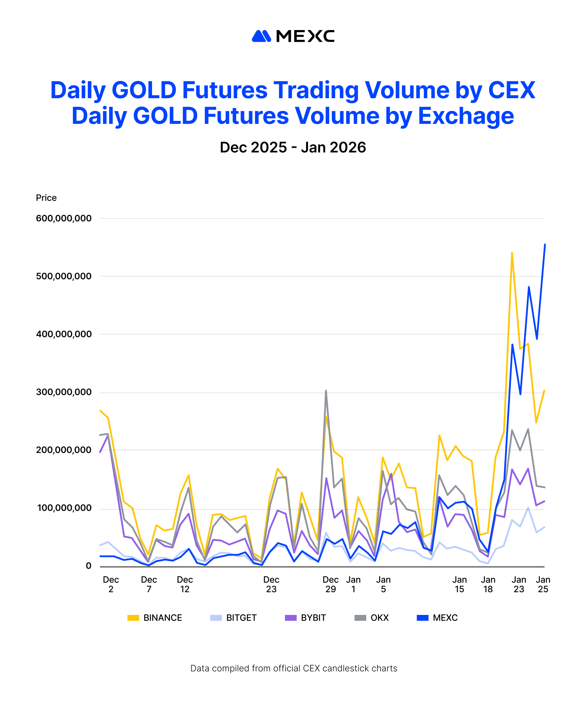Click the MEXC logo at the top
(x=293, y=36)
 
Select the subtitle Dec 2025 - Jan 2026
(x=293, y=147)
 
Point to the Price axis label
(x=46, y=198)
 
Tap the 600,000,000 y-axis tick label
(x=64, y=218)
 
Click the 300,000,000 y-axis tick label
(x=64, y=392)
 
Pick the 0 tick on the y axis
(x=89, y=566)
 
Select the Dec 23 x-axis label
(x=271, y=584)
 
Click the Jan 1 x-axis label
(x=353, y=584)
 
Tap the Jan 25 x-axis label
(x=543, y=584)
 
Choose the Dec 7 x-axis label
(x=149, y=584)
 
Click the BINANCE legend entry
(x=155, y=618)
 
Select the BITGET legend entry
(x=234, y=618)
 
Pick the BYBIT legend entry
(x=305, y=618)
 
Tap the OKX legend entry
(x=372, y=618)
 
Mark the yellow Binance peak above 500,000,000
(x=512, y=253)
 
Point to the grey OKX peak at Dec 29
(x=326, y=391)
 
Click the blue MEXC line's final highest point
(x=545, y=244)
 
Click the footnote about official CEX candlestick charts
(x=294, y=668)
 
